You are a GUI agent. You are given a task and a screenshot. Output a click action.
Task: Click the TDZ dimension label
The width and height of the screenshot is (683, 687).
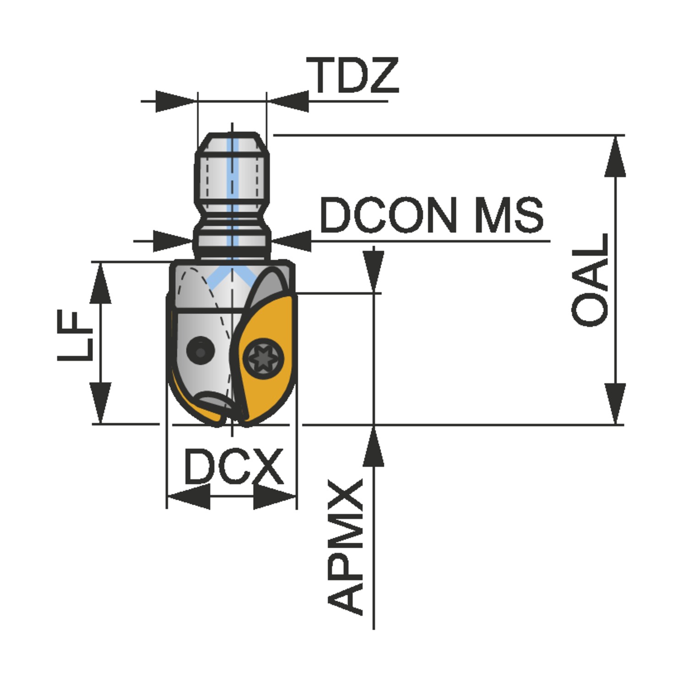tap(353, 76)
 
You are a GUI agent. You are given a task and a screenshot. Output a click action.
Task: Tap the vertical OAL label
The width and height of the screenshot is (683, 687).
tap(591, 280)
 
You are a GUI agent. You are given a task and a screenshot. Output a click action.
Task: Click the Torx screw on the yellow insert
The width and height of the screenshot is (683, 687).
tap(263, 358)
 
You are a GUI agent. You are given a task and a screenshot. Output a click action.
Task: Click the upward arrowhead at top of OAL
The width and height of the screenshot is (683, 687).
tap(615, 156)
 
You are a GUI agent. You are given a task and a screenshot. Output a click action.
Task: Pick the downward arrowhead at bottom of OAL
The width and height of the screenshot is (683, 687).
tap(615, 403)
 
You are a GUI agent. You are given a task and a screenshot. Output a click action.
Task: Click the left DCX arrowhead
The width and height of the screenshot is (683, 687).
tap(188, 496)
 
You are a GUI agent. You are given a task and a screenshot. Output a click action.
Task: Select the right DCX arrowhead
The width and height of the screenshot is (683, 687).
tap(274, 496)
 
